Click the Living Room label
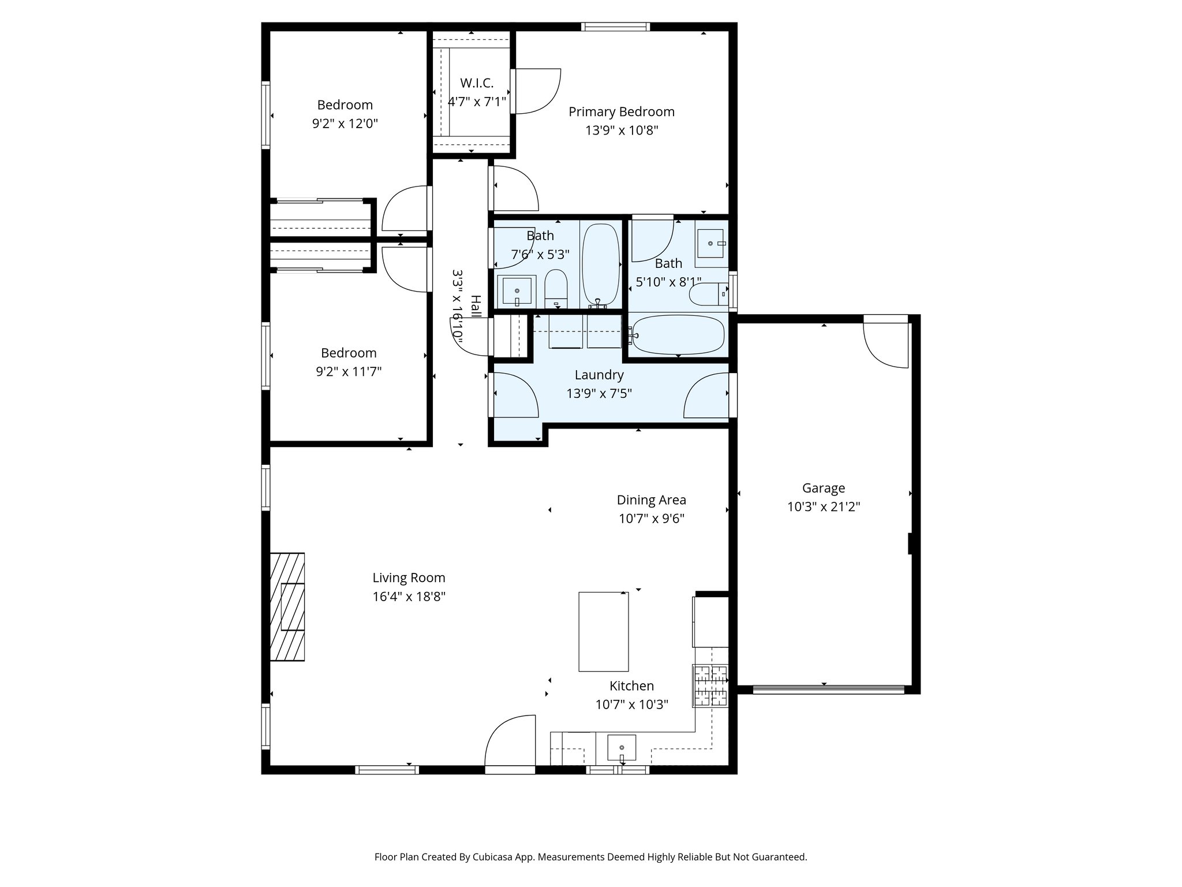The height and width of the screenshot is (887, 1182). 409,577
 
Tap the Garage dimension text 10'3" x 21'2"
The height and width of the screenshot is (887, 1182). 824,507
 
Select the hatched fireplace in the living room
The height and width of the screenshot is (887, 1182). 287,606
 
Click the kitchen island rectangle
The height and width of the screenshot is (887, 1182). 604,631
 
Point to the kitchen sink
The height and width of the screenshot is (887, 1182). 622,748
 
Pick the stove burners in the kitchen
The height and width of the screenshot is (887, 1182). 711,686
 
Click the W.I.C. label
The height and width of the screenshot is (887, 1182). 477,83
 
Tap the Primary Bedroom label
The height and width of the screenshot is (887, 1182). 622,111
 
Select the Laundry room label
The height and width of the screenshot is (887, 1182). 599,375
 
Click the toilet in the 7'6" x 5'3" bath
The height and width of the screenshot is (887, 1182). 556,289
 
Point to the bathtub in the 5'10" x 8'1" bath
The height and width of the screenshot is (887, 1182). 678,335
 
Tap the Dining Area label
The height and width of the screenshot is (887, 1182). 652,500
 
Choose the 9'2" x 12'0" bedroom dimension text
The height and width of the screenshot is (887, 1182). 345,124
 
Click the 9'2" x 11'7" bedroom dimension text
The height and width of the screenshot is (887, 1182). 349,372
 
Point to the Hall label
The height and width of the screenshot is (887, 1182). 476,306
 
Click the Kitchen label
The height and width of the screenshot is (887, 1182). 632,686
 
